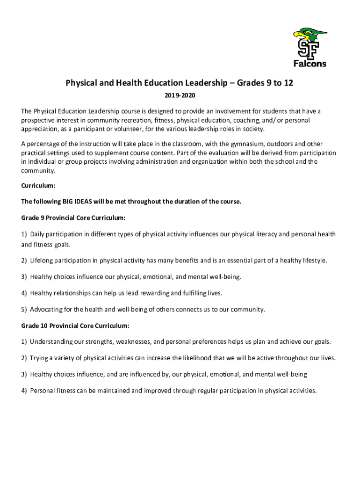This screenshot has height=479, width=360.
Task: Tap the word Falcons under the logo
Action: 310,64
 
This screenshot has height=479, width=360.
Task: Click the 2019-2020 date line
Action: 180,96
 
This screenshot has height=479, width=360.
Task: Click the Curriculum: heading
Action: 38,185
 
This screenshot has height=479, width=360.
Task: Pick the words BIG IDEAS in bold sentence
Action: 80,202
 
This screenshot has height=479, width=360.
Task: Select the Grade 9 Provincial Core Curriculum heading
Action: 73,218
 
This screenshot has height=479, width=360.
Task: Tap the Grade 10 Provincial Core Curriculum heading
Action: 75,325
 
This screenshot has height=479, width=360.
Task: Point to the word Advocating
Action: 47,309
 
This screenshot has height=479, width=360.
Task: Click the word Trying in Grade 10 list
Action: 40,358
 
